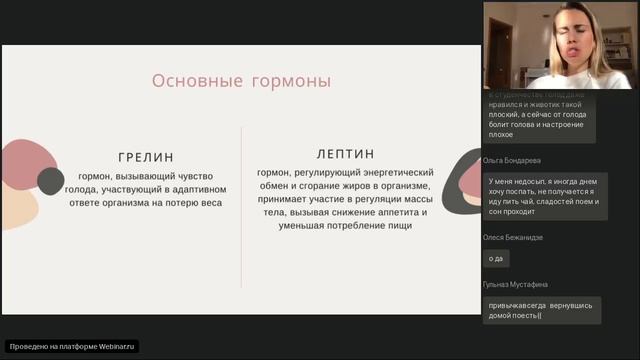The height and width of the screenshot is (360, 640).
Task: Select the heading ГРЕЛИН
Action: point(145,157)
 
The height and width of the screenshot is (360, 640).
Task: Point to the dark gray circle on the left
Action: point(51,180)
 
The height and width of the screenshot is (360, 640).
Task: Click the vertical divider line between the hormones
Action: point(241,206)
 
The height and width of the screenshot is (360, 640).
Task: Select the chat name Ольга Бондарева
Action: point(512,160)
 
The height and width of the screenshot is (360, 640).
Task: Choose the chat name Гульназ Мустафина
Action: point(515,284)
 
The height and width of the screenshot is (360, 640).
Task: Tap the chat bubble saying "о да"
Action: point(496,258)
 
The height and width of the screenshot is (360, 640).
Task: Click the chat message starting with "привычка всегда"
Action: point(541,309)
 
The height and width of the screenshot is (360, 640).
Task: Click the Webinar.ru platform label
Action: point(72,346)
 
